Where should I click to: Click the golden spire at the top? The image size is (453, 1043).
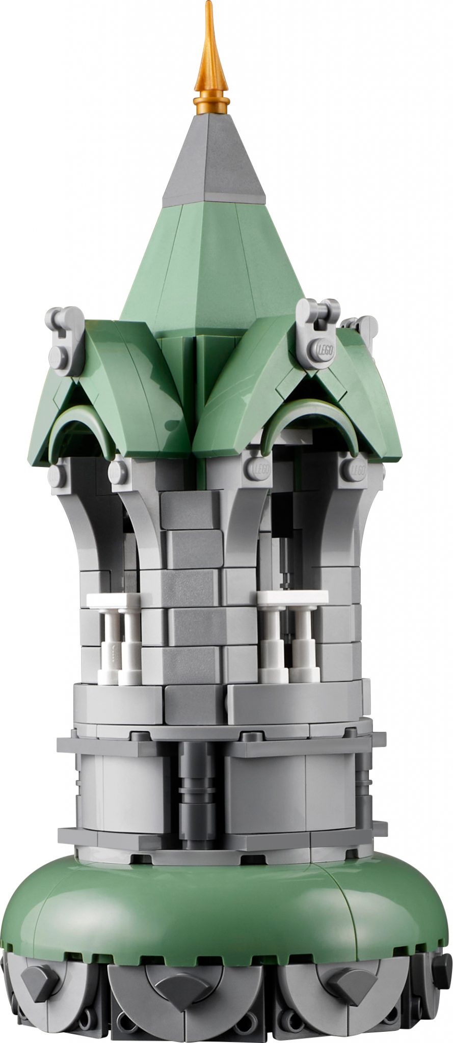pos(211,61)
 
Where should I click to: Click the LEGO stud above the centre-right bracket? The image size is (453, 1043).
pos(257,469)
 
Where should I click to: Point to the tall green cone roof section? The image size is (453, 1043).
pos(214,265)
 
